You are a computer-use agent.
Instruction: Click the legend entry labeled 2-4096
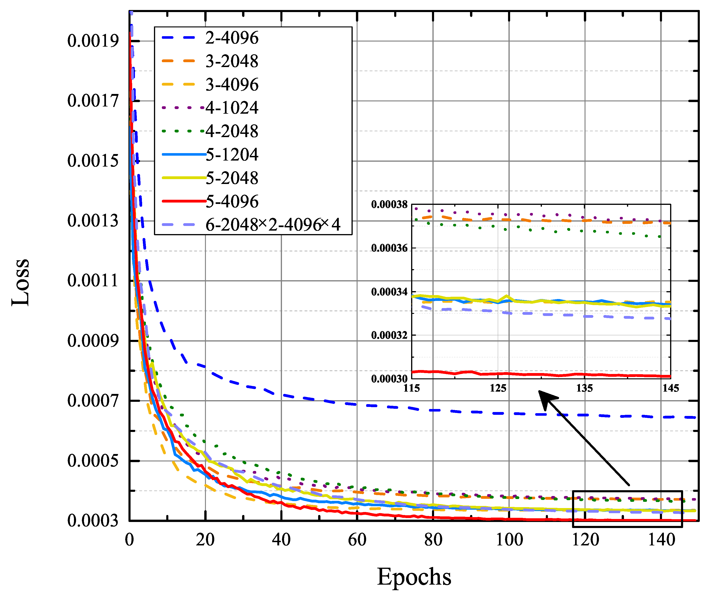pos(232,38)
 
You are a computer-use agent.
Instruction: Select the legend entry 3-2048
pos(232,61)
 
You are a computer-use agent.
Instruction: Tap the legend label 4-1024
pos(232,108)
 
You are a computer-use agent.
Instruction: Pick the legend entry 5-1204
pos(232,155)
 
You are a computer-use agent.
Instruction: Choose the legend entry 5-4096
pos(232,201)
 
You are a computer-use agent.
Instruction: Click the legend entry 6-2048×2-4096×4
pos(272,225)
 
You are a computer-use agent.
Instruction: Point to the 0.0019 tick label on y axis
pos(93,41)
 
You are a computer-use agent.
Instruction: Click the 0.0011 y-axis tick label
pos(93,281)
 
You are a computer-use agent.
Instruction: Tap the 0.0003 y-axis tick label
pos(93,521)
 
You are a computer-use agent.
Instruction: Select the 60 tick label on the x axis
pos(357,540)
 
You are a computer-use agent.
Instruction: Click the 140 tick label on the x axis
pos(661,540)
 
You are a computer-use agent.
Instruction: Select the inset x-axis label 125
pos(498,388)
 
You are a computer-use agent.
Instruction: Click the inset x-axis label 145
pos(671,388)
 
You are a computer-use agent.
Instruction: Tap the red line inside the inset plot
pos(543,374)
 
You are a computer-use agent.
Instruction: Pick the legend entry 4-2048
pos(232,131)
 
